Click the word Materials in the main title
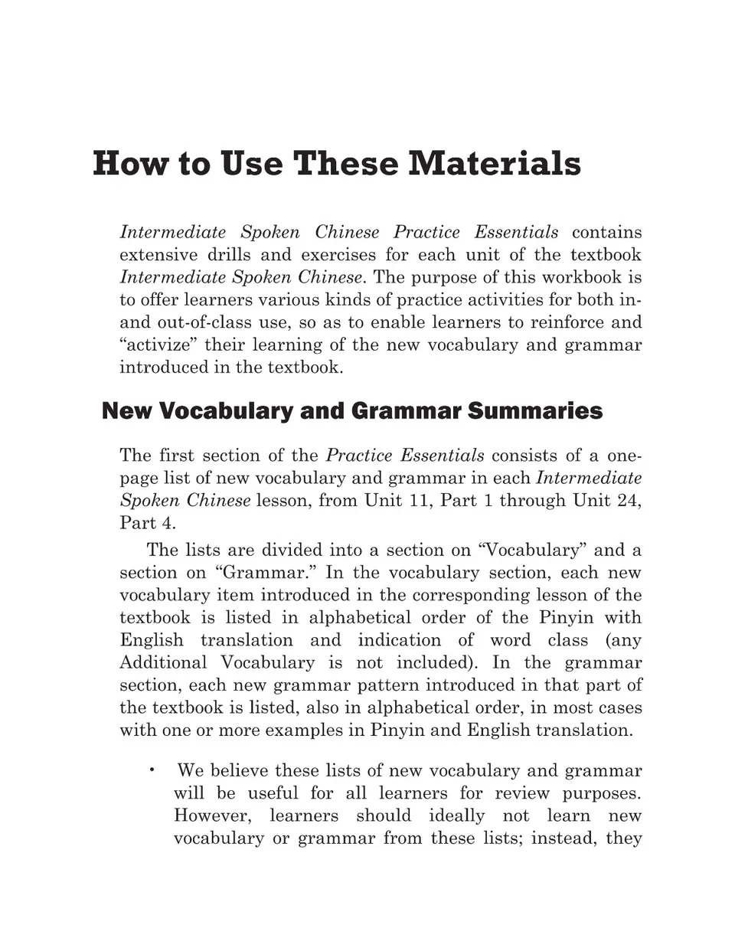[x=494, y=164]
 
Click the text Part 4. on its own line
[x=147, y=524]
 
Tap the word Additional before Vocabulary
[x=163, y=662]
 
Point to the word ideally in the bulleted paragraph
[x=456, y=815]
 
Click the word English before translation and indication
[x=152, y=640]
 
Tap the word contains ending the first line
[x=606, y=232]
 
